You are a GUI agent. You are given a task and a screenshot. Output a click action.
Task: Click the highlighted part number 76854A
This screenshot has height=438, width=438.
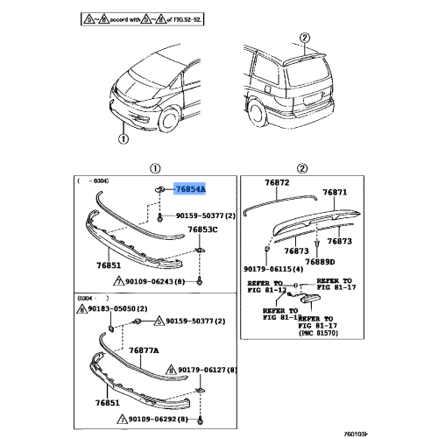[191, 188]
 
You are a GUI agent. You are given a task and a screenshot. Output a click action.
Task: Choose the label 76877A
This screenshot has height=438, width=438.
[144, 349]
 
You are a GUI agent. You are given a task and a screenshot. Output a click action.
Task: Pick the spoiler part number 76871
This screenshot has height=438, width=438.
[335, 193]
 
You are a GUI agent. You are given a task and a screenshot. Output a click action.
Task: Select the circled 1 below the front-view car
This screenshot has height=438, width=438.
[123, 138]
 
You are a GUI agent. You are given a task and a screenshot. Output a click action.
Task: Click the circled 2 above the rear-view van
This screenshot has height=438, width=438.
[304, 37]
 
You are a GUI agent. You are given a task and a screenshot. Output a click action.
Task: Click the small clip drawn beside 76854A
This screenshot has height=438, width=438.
[160, 188]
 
